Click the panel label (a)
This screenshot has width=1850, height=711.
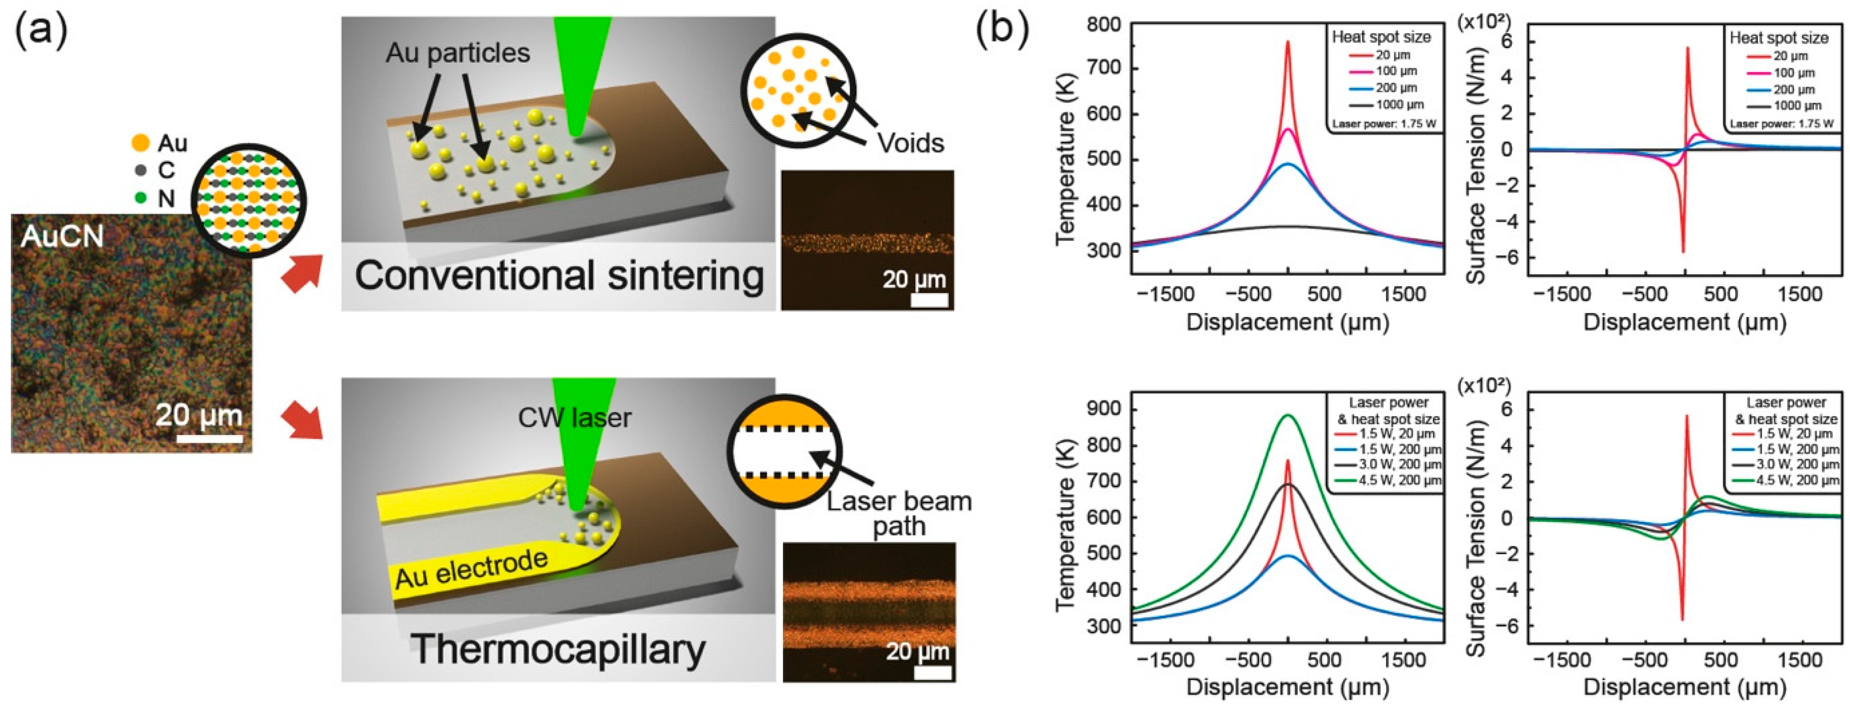[41, 30]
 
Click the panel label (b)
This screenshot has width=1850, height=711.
[1002, 30]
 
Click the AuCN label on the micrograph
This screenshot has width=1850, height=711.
[62, 237]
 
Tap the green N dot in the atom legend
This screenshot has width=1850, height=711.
[141, 197]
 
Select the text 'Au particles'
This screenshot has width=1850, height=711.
[457, 52]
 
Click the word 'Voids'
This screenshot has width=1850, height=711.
[910, 143]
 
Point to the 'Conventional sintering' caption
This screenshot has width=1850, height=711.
[559, 277]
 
